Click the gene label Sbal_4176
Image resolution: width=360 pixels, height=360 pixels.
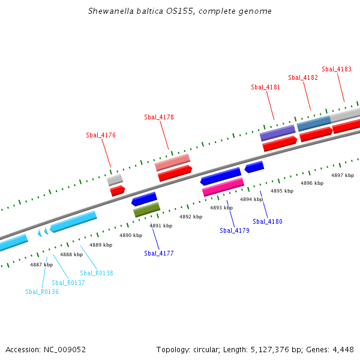pyautogui.click(x=101, y=135)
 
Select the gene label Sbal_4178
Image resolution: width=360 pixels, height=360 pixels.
pyautogui.click(x=159, y=117)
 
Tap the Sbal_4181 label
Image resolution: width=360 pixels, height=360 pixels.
pyautogui.click(x=265, y=87)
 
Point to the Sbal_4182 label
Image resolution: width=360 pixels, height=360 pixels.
pyautogui.click(x=303, y=77)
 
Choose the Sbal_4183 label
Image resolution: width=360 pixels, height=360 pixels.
pyautogui.click(x=337, y=69)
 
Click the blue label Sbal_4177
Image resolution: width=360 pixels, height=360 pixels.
pyautogui.click(x=159, y=253)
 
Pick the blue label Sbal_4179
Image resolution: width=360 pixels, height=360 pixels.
pyautogui.click(x=235, y=230)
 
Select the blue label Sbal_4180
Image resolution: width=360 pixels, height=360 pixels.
pyautogui.click(x=268, y=221)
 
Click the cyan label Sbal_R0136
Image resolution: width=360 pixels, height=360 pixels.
pyautogui.click(x=42, y=292)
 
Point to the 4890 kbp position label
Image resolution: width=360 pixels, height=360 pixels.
pyautogui.click(x=131, y=235)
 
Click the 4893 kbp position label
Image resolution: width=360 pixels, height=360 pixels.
pyautogui.click(x=221, y=208)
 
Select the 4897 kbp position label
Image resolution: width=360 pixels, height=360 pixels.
pyautogui.click(x=343, y=175)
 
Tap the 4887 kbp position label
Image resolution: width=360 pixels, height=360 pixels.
pyautogui.click(x=41, y=265)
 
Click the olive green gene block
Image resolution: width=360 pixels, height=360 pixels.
pyautogui.click(x=146, y=209)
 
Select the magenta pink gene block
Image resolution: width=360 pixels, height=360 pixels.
pyautogui.click(x=223, y=187)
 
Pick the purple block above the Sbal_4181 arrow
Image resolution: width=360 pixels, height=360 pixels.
pyautogui.click(x=277, y=133)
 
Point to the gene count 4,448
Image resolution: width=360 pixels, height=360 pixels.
pyautogui.click(x=341, y=349)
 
